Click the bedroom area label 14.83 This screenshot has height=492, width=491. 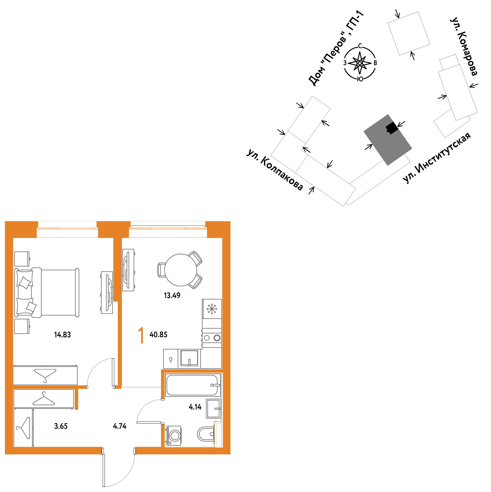(x=62, y=335)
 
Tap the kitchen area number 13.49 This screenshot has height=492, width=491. (x=172, y=295)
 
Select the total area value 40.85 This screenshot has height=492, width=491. (x=158, y=335)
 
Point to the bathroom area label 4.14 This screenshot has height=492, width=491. (x=195, y=407)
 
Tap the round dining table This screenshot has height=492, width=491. (x=180, y=270)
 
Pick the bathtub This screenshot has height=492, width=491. (x=193, y=385)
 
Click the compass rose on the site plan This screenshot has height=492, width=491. (x=360, y=63)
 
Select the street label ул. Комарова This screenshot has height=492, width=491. (x=463, y=46)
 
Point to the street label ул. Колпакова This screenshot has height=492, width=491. (x=275, y=169)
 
